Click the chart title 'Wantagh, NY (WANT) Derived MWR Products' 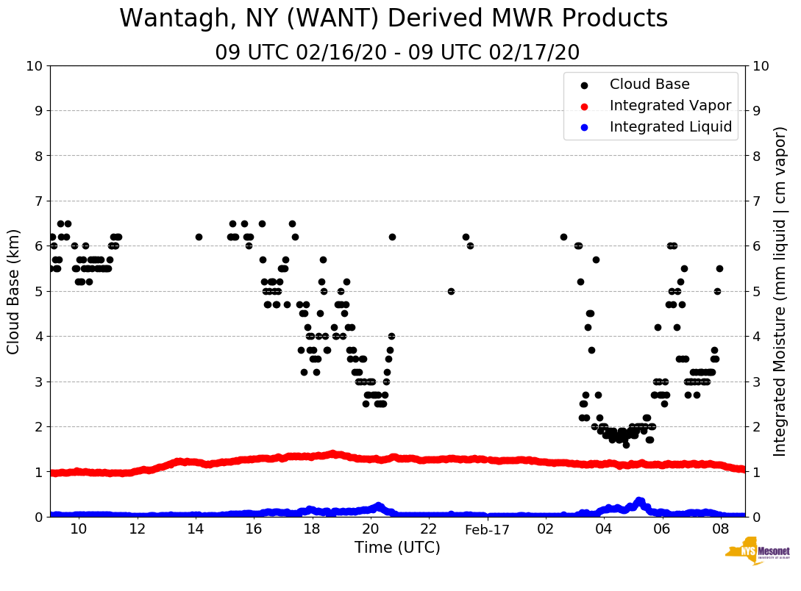[394, 18]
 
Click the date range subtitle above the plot [397, 53]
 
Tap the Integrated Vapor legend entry [670, 106]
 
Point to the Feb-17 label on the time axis [487, 530]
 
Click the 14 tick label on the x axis [195, 530]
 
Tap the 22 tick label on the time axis [428, 530]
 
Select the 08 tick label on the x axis [720, 530]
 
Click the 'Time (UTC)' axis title [397, 548]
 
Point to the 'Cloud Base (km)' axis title [14, 290]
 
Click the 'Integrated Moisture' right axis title [780, 290]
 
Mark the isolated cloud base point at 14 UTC [199, 237]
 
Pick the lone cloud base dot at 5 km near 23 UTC [451, 291]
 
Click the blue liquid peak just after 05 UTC [639, 501]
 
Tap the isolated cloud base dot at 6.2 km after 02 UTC [563, 237]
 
